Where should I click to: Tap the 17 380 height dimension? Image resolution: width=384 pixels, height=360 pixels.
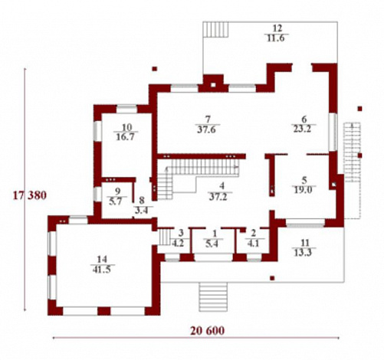pos(30,195)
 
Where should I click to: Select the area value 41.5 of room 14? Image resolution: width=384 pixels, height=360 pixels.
pos(102,270)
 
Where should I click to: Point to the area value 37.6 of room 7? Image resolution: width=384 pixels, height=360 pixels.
pos(207,129)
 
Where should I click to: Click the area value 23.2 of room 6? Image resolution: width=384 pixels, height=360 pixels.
pos(302,129)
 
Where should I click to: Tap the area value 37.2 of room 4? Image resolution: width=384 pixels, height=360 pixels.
pos(218,197)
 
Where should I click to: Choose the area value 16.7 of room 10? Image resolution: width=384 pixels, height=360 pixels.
pos(125,136)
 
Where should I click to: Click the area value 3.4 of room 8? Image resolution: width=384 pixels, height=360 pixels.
pos(142,211)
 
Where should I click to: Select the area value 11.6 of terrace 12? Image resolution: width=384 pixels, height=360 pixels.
pos(276,38)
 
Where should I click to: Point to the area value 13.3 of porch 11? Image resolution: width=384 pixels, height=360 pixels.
pos(304,253)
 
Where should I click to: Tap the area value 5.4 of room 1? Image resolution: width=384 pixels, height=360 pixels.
pos(212,244)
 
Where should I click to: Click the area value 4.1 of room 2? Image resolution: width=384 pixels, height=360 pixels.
pos(253,243)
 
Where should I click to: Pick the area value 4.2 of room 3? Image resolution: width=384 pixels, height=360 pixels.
pos(178,243)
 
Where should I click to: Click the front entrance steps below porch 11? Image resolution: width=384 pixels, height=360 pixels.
pos(213,296)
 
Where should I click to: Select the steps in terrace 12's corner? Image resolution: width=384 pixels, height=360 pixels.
pos(215,30)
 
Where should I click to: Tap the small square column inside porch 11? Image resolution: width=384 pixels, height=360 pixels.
pos(272,278)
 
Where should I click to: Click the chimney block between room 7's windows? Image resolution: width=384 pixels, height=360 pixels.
pos(213,83)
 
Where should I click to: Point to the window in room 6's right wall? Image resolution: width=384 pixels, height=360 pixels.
pos(333,132)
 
